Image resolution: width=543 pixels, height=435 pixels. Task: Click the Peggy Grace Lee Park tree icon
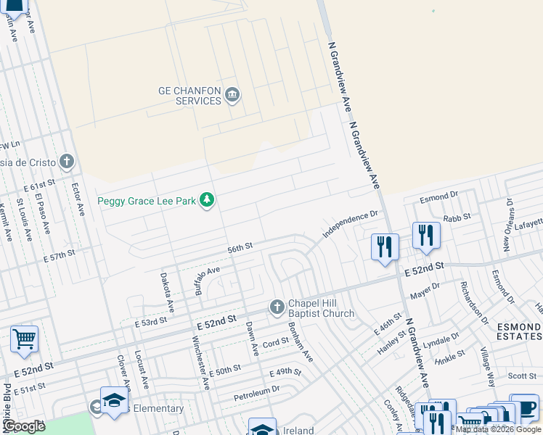pyautogui.click(x=208, y=200)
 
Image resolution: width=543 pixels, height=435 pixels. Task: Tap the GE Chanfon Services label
pyautogui.click(x=189, y=96)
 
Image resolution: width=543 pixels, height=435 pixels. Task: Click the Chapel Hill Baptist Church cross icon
pyautogui.click(x=277, y=307)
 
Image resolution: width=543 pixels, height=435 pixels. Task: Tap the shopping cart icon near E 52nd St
pyautogui.click(x=24, y=338)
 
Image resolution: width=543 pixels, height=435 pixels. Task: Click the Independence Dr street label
pyautogui.click(x=351, y=221)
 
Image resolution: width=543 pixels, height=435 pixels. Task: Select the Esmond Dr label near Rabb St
pyautogui.click(x=440, y=196)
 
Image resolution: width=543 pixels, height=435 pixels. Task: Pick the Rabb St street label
pyautogui.click(x=457, y=216)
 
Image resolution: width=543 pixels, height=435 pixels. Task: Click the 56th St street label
pyautogui.click(x=239, y=247)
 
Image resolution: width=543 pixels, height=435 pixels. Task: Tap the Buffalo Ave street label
pyautogui.click(x=207, y=279)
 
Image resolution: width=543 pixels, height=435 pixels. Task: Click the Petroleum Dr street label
pyautogui.click(x=257, y=394)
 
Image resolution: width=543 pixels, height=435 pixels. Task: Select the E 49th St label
pyautogui.click(x=285, y=373)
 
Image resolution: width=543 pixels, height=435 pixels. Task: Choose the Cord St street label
pyautogui.click(x=276, y=342)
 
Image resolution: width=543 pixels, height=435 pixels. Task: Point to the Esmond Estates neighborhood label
pyautogui.click(x=519, y=331)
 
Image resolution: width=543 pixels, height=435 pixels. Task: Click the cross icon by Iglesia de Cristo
pyautogui.click(x=67, y=161)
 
